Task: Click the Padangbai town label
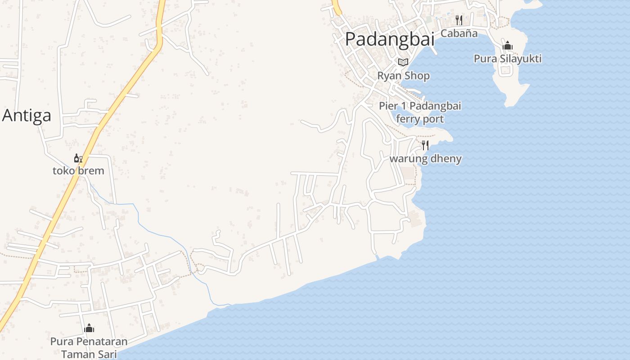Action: click(x=390, y=39)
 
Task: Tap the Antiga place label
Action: click(x=27, y=116)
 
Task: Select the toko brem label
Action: click(x=78, y=171)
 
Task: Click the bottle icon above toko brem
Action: click(x=78, y=158)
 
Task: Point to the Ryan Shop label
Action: click(x=403, y=76)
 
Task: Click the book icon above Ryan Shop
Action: click(x=403, y=62)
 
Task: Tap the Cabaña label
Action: click(x=459, y=33)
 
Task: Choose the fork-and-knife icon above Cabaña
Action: click(x=459, y=20)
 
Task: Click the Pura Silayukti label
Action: click(x=508, y=58)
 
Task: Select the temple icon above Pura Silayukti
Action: click(x=508, y=45)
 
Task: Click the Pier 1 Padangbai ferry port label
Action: click(x=420, y=112)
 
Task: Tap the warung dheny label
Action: click(x=425, y=158)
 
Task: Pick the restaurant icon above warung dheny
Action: click(x=425, y=145)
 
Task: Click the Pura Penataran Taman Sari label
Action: click(x=89, y=348)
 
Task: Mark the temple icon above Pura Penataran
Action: click(x=89, y=328)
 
